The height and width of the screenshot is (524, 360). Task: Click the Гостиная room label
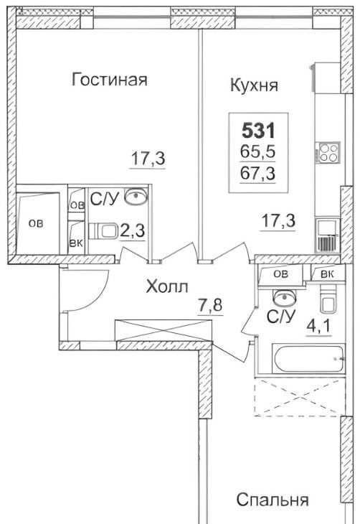[x=109, y=80]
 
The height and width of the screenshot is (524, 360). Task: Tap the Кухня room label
[x=254, y=85]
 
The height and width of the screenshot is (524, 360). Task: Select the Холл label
[x=167, y=286]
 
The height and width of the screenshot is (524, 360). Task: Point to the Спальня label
[x=273, y=500]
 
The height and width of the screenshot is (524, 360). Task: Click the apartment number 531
[x=258, y=131]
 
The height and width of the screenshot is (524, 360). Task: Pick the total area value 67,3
[x=258, y=174]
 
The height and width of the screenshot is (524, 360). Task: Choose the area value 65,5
[x=258, y=151]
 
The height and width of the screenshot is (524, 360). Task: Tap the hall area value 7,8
[x=210, y=305]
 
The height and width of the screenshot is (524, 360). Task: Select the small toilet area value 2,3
[x=132, y=230]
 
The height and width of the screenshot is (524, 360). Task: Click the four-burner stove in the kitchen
[x=328, y=152]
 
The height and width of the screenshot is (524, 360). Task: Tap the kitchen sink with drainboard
[x=327, y=235]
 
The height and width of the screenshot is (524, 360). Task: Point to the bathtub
[x=308, y=359]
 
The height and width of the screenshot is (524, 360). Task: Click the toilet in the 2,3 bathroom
[x=103, y=231]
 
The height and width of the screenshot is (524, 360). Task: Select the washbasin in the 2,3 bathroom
[x=136, y=196]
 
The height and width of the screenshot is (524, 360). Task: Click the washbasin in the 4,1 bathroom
[x=285, y=297]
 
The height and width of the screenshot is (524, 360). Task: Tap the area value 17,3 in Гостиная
[x=147, y=159]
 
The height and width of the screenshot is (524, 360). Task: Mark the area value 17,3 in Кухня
[x=278, y=221]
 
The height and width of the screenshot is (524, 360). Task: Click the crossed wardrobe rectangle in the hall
[x=164, y=330]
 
